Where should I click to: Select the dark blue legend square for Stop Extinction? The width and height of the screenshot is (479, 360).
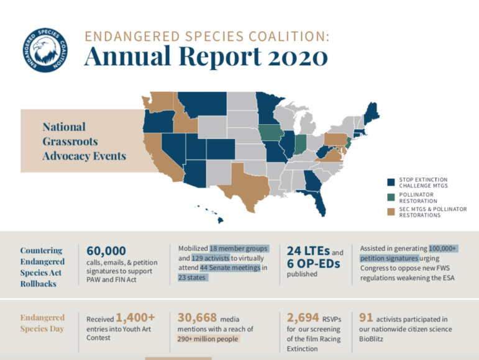(x=390, y=182)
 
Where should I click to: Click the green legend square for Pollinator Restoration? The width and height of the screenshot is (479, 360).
(x=390, y=197)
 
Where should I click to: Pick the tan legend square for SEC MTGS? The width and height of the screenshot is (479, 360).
(x=390, y=212)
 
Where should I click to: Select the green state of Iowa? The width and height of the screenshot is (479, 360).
(x=269, y=133)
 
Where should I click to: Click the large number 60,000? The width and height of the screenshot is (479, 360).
(x=106, y=250)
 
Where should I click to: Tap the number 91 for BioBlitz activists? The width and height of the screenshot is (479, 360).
(x=367, y=317)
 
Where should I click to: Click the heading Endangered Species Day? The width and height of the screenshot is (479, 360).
(x=42, y=323)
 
